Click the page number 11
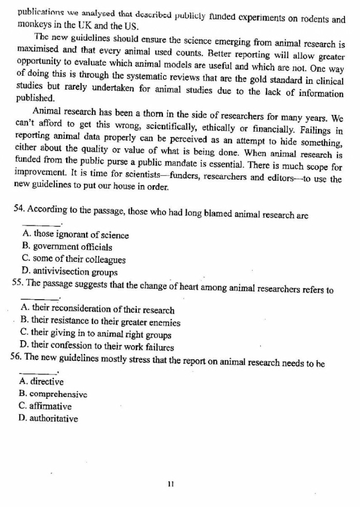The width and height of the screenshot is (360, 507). (x=171, y=484)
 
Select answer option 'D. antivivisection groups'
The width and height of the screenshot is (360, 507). (x=69, y=272)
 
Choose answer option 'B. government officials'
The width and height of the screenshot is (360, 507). (x=67, y=247)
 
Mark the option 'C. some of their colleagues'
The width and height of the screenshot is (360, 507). (x=73, y=260)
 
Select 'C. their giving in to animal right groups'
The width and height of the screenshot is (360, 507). (x=96, y=335)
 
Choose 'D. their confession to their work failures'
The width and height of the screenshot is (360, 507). (x=97, y=347)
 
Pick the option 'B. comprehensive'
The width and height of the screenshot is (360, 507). (x=53, y=395)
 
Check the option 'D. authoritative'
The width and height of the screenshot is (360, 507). (x=48, y=419)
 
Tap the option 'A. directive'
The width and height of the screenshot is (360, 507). (x=41, y=382)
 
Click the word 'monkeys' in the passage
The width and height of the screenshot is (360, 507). (x=32, y=25)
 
